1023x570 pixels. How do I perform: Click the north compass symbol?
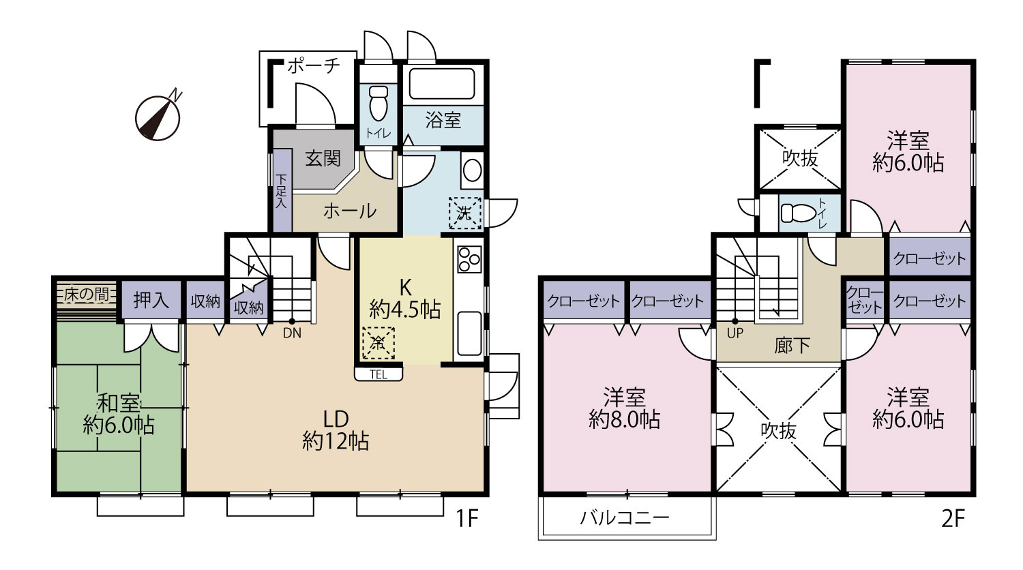pyautogui.click(x=158, y=117)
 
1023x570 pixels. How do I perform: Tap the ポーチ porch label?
pyautogui.click(x=314, y=65)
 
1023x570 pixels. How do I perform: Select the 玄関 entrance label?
pyautogui.click(x=323, y=158)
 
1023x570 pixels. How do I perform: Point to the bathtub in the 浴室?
pyautogui.click(x=442, y=84)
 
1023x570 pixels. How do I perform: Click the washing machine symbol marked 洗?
pyautogui.click(x=465, y=213)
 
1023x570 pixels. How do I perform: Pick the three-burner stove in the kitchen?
pyautogui.click(x=469, y=259)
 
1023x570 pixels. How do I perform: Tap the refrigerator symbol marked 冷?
pyautogui.click(x=378, y=343)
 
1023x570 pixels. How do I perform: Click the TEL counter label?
pyautogui.click(x=379, y=374)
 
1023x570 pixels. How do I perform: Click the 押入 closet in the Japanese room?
pyautogui.click(x=151, y=300)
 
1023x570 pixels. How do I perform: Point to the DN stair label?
pyautogui.click(x=293, y=333)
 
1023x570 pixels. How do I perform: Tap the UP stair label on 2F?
pyautogui.click(x=735, y=333)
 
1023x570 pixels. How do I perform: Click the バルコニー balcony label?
pyautogui.click(x=624, y=517)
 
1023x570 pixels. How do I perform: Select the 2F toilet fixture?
pyautogui.click(x=799, y=213)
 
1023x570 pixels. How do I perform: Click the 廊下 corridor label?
pyautogui.click(x=792, y=346)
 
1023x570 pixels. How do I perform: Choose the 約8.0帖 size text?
pyautogui.click(x=624, y=419)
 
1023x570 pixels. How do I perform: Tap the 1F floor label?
pyautogui.click(x=466, y=518)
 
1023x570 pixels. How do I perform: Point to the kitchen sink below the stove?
pyautogui.click(x=469, y=333)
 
